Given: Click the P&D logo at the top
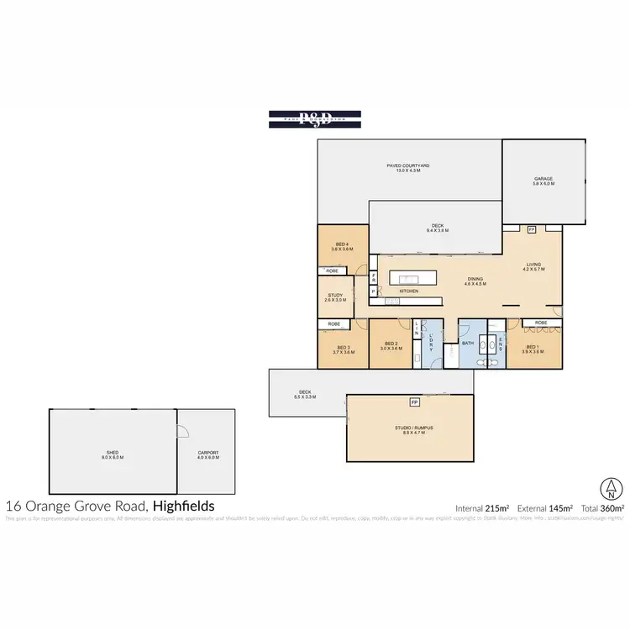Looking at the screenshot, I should point(315,119).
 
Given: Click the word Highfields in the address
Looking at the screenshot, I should point(183,506).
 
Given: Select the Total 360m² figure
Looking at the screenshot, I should point(603,508).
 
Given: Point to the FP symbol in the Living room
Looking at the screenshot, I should point(531,229).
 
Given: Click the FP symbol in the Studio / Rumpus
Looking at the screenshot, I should point(414,402).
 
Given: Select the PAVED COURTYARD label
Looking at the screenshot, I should point(408,169).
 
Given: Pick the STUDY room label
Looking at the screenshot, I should point(333,297).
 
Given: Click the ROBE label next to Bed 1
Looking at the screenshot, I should point(541,323).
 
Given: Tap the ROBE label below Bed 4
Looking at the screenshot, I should point(333,271).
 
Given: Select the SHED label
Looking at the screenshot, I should point(113,454).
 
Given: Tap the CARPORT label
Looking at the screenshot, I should point(207,454).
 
